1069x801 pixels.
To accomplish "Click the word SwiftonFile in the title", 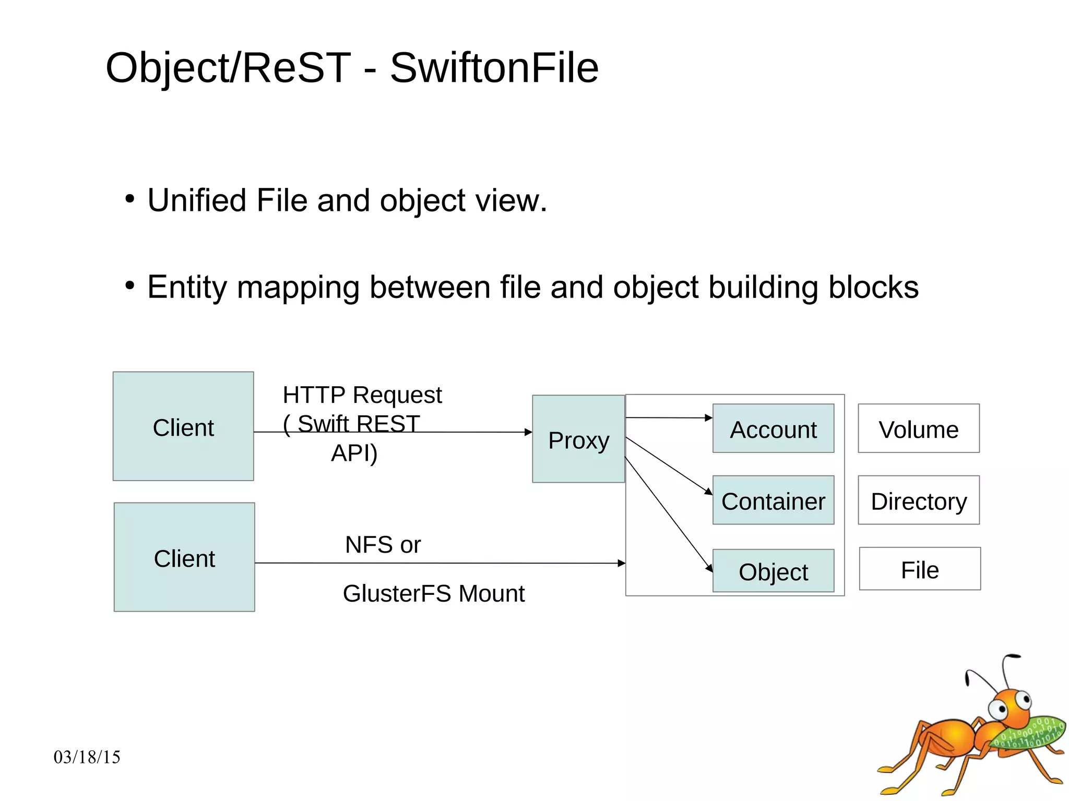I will pyautogui.click(x=494, y=68).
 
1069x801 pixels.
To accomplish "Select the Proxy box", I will pyautogui.click(x=578, y=439).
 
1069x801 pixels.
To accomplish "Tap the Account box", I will pyautogui.click(x=773, y=429).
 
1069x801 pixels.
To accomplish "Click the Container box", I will pyautogui.click(x=773, y=500).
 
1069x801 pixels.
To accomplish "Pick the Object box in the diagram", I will pyautogui.click(x=773, y=571).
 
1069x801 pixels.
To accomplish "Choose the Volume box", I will pyautogui.click(x=918, y=429).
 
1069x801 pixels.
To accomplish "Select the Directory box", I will pyautogui.click(x=918, y=500).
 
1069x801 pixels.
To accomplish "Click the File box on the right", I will pyautogui.click(x=920, y=569).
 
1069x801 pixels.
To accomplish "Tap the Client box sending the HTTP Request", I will pyautogui.click(x=183, y=427).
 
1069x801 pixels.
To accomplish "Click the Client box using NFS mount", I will pyautogui.click(x=184, y=558).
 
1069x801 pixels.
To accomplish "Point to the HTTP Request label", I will pyautogui.click(x=362, y=395).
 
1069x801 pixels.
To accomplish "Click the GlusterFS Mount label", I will pyautogui.click(x=433, y=594).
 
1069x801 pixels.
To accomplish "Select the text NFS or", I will pyautogui.click(x=383, y=545).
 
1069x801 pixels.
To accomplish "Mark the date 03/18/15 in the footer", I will pyautogui.click(x=87, y=757).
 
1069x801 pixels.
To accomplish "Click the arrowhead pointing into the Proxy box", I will pyautogui.click(x=528, y=432).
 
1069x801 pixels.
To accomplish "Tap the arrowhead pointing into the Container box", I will pyautogui.click(x=708, y=492).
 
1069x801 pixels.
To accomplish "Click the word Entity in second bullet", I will pyautogui.click(x=187, y=287).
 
